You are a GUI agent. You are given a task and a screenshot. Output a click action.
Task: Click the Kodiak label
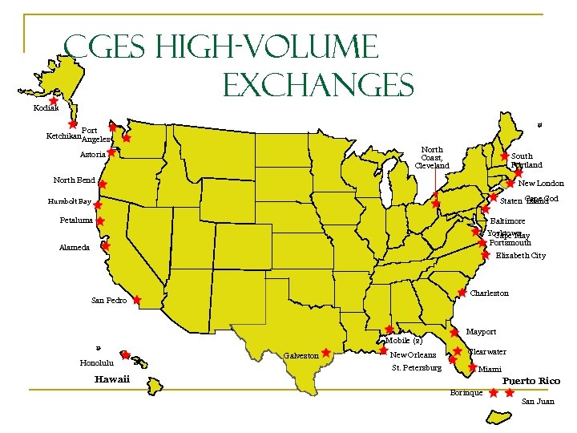[x=46, y=107]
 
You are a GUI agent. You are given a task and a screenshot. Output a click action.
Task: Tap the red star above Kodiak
[x=53, y=102]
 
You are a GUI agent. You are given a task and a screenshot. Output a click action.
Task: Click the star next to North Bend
[x=103, y=184]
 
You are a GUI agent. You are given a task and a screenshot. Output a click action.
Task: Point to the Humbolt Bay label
[x=69, y=202]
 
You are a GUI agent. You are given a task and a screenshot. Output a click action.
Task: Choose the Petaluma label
[x=76, y=220]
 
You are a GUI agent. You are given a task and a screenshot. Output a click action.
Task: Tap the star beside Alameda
[x=105, y=247]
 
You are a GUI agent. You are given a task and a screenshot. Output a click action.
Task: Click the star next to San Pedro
[x=137, y=300]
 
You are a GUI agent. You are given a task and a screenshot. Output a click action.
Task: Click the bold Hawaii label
[x=111, y=379]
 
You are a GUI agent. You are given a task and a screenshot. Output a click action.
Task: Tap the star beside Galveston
[x=326, y=352]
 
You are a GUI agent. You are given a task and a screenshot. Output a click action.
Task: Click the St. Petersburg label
[x=416, y=368]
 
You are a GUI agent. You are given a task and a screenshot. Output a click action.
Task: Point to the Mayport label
[x=481, y=331]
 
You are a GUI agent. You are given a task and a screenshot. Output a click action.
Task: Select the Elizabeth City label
[x=520, y=256]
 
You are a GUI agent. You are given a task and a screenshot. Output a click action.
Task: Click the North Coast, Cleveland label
[x=432, y=157]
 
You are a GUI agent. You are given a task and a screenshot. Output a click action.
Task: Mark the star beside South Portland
[x=504, y=156]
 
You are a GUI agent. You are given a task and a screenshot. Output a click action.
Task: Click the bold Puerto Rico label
[x=531, y=381]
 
